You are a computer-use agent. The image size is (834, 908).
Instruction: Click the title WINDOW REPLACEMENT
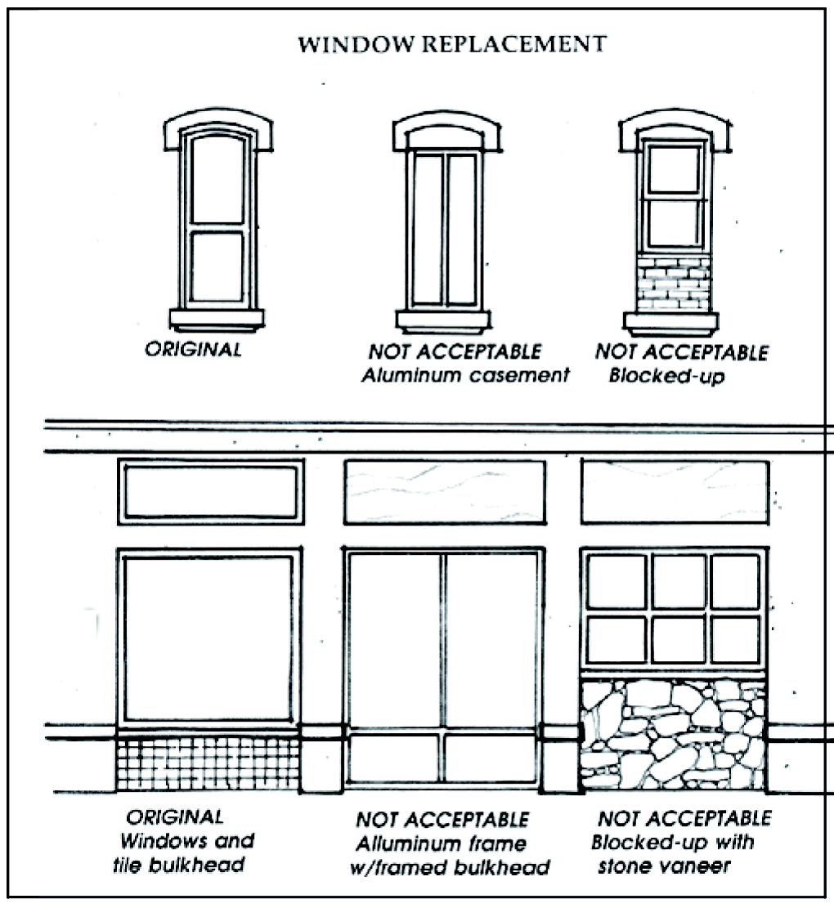[x=451, y=44]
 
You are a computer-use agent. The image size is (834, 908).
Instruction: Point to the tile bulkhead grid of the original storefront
[x=208, y=763]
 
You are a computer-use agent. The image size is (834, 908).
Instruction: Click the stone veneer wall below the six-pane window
[x=673, y=732]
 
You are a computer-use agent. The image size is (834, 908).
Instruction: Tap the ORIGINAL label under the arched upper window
[x=194, y=350]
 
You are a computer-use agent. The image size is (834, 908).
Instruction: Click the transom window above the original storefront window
[x=211, y=491]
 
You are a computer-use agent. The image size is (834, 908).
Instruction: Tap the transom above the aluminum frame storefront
[x=444, y=492]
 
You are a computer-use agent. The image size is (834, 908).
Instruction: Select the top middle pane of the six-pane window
[x=678, y=581]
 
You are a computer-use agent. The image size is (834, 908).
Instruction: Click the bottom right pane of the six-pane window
[x=736, y=640]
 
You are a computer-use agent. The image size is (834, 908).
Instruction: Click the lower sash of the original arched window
[x=217, y=266]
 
